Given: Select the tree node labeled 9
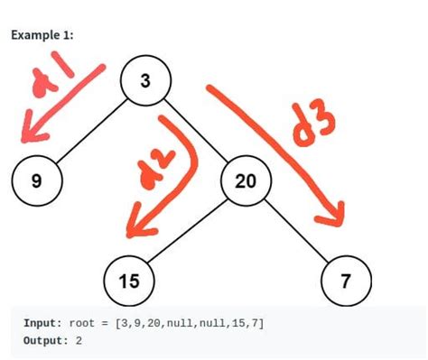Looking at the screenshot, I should tap(35, 180).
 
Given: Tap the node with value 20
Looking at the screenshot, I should tap(245, 181).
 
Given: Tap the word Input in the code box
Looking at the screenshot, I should tap(42, 322).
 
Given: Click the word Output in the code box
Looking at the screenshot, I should tap(45, 340).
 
